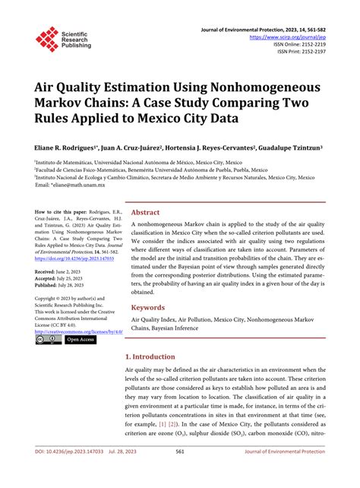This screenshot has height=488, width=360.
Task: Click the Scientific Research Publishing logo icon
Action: point(47,38)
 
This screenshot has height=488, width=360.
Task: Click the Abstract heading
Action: point(145,213)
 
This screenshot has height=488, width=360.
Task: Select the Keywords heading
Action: point(149,307)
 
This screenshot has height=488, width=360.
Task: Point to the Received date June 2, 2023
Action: point(69,271)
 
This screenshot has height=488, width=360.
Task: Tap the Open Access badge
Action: point(81,340)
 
